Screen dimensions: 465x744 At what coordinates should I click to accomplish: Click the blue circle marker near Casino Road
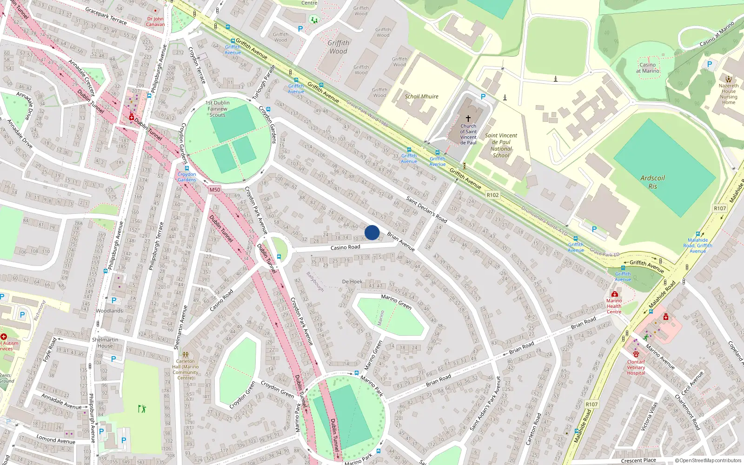coord(372,232)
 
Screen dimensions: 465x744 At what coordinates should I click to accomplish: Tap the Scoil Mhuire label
coord(421,97)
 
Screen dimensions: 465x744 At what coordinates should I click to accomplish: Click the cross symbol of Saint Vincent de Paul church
coord(468,119)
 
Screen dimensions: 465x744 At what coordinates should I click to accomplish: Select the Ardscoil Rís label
coord(652,182)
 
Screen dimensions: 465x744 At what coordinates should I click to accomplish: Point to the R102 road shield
coord(492,195)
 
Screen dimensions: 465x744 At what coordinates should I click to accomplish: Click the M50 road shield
coord(214,190)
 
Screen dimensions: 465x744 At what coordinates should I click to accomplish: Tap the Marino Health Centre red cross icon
coord(614,294)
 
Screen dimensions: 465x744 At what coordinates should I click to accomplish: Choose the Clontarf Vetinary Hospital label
coord(636,367)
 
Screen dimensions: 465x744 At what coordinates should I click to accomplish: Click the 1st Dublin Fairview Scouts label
coord(218,109)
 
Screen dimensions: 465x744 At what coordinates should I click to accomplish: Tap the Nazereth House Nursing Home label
coord(728,94)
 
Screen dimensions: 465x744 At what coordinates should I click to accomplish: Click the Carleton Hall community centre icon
coord(186,354)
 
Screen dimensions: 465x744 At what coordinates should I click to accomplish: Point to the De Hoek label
coord(352,282)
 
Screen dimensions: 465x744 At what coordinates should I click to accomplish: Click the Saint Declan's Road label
coord(426,210)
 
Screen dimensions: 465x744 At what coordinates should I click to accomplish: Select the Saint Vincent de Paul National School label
coord(501,146)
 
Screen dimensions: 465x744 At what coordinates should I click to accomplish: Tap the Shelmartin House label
coord(105,343)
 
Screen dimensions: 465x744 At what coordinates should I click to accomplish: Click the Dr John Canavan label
coord(155,22)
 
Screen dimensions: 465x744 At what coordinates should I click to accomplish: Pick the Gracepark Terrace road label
coord(106,15)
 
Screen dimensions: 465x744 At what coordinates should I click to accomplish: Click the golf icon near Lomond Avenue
coord(142,409)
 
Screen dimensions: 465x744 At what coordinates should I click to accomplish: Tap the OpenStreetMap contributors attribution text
coord(708,461)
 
